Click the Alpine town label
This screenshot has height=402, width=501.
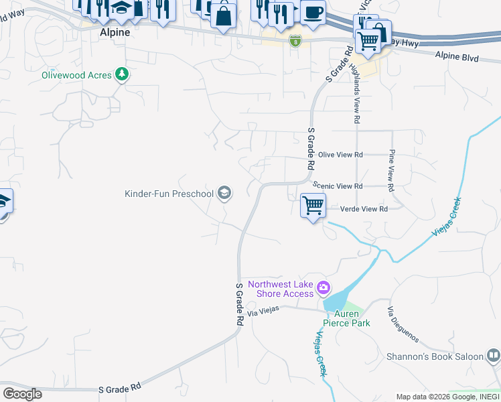click(114, 32)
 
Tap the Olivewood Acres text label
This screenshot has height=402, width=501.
click(76, 75)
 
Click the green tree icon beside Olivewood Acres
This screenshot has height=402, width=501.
click(121, 74)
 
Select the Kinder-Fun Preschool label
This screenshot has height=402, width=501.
click(169, 194)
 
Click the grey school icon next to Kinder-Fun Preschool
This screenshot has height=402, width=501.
click(224, 194)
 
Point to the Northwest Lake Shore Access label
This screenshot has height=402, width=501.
click(281, 289)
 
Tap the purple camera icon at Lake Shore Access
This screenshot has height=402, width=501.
click(324, 289)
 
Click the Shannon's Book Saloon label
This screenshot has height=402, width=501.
click(435, 356)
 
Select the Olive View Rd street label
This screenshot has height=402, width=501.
click(340, 155)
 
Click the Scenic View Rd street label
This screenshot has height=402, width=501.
click(340, 186)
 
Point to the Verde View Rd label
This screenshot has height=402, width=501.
click(364, 209)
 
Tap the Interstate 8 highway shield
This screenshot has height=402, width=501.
click(295, 42)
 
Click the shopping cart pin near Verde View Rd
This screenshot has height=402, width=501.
click(313, 205)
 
